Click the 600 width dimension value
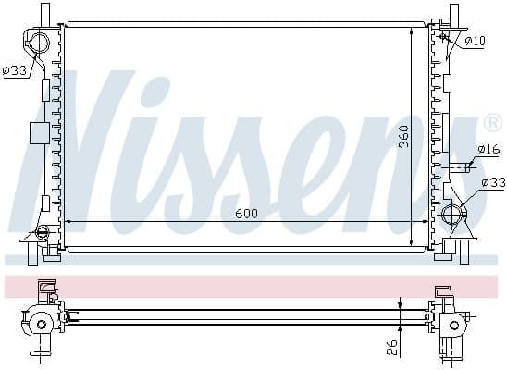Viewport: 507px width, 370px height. coord(246,214)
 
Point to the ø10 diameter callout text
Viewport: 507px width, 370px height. coord(476,41)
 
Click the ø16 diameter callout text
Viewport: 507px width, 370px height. coord(488,149)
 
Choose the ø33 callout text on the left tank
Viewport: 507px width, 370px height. coord(15,71)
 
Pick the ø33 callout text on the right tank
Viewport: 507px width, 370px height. coord(493,183)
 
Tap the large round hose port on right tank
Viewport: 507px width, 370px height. coord(452,216)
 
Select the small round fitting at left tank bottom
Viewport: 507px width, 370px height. coord(41,232)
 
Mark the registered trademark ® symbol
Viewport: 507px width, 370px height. coord(492,122)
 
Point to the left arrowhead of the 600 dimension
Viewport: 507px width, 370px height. coord(68,223)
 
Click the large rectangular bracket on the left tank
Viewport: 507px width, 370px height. coord(38,132)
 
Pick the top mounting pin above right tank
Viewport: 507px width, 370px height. coord(453,14)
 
